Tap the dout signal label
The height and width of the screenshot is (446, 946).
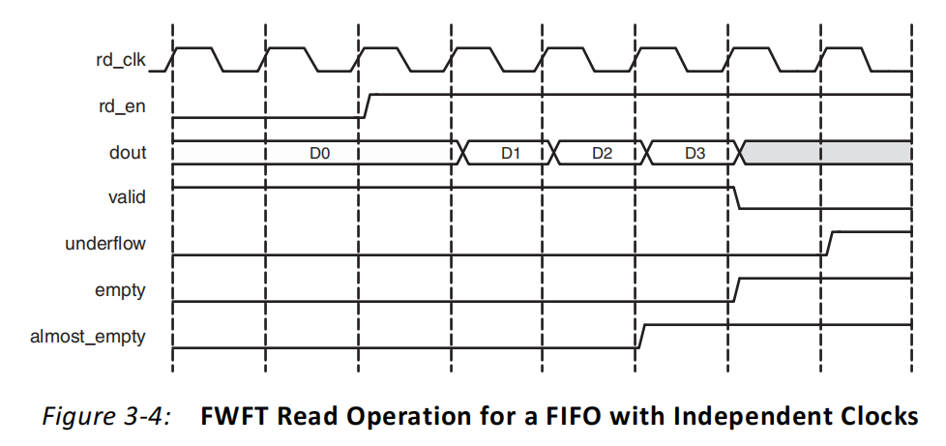tap(130, 152)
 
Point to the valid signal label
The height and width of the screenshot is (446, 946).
tap(128, 197)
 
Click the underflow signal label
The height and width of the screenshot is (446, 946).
tap(105, 244)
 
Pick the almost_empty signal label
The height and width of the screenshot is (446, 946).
tap(91, 336)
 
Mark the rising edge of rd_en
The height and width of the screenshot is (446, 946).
tap(367, 105)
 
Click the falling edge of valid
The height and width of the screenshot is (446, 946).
tap(736, 197)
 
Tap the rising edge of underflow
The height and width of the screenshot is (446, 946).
tap(830, 243)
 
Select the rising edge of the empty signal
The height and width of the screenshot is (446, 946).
tap(736, 289)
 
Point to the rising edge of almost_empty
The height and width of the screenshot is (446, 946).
tap(642, 335)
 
